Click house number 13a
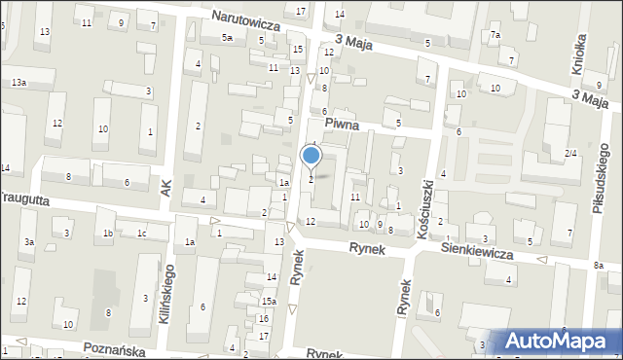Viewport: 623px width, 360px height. tap(18, 84)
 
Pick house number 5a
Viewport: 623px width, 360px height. tap(227, 38)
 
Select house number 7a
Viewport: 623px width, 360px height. tap(495, 36)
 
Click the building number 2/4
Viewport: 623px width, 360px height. tap(571, 154)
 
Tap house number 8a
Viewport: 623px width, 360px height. tap(599, 266)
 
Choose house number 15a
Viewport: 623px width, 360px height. tap(268, 302)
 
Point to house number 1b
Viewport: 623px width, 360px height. tap(109, 234)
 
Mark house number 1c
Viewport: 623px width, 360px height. tap(141, 234)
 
